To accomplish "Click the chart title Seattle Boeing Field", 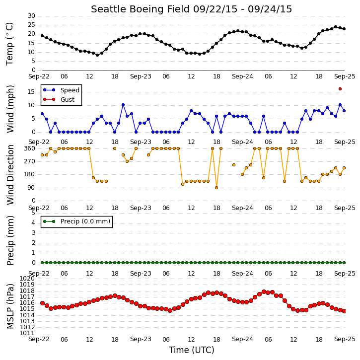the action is (x=141, y=9).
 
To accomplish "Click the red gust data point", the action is (x=340, y=89).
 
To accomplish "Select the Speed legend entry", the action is (x=61, y=90).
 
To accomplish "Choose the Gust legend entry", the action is (x=59, y=99).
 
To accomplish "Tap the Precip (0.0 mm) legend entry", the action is (x=76, y=221).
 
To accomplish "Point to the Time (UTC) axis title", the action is (x=192, y=350).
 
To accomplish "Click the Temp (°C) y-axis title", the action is (x=9, y=44).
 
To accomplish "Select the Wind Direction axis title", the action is (x=10, y=174).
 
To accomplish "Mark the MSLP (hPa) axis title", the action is (x=10, y=306).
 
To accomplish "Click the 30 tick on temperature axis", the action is (x=31, y=16).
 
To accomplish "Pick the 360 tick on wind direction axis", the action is (x=30, y=148).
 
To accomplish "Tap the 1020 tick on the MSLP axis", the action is (x=27, y=279).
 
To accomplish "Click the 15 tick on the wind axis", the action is (x=31, y=92).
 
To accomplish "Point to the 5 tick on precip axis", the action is (x=33, y=213).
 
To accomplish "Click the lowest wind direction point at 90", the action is (x=216, y=188).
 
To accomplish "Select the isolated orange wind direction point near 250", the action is (x=234, y=165).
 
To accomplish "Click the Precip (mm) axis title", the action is (x=10, y=240).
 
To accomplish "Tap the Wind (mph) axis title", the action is (x=10, y=109).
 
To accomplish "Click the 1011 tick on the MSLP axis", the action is (x=27, y=333).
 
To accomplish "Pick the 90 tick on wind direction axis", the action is (x=31, y=188).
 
